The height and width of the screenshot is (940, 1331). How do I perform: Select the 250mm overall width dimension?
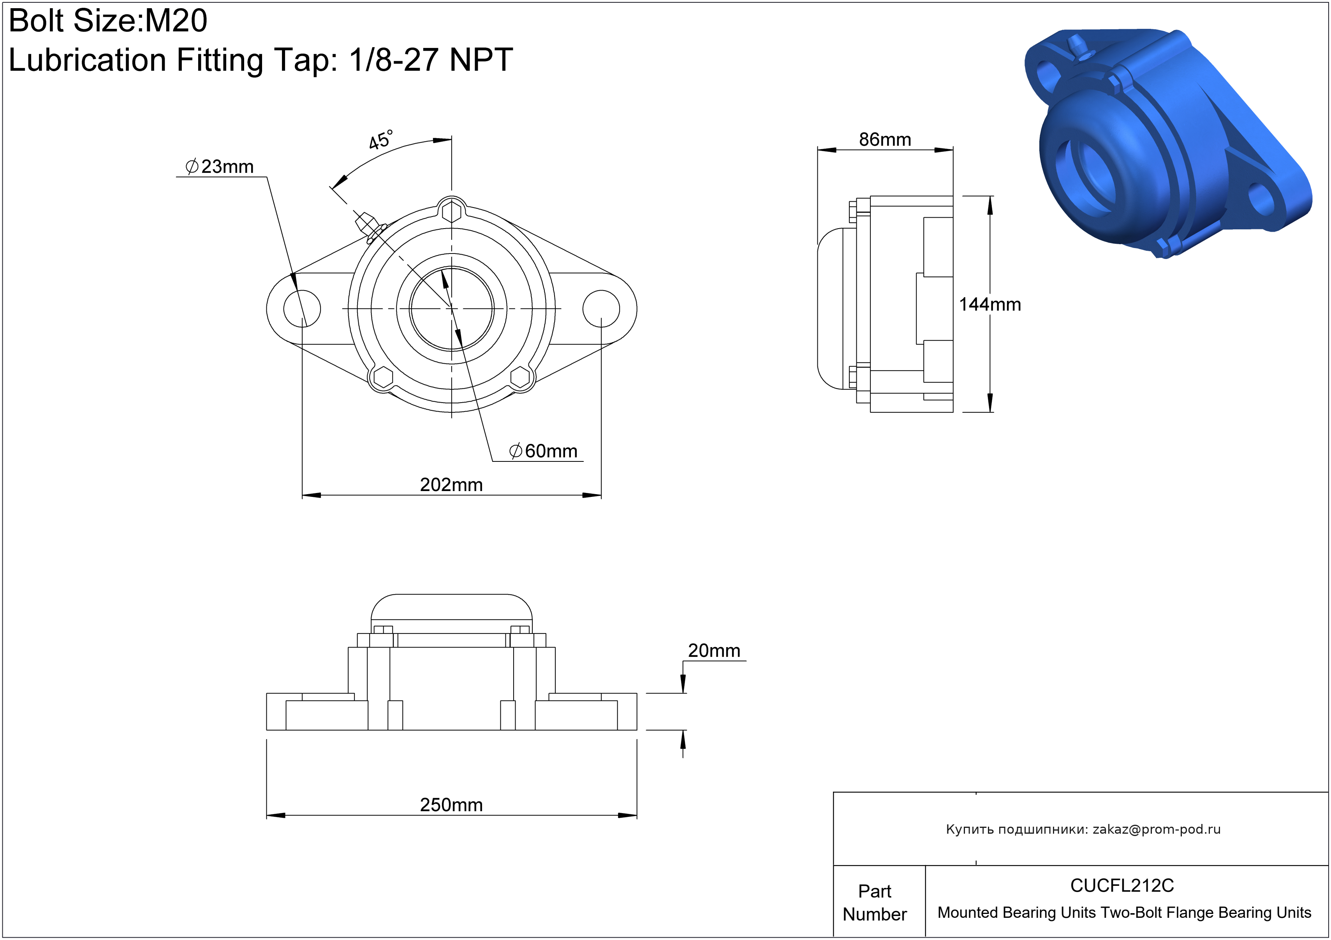(x=451, y=804)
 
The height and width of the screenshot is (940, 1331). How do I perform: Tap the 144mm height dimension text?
(x=989, y=304)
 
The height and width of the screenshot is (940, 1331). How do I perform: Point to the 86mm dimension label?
(x=885, y=140)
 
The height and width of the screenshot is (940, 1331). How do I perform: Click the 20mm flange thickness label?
(x=714, y=650)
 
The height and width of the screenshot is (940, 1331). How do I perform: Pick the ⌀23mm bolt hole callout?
(x=220, y=167)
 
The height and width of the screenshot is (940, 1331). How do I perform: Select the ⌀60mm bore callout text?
(x=543, y=451)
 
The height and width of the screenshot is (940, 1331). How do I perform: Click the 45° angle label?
(x=380, y=140)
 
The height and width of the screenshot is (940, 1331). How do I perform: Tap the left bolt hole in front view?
(x=302, y=308)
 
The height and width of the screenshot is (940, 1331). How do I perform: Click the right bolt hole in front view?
(x=601, y=308)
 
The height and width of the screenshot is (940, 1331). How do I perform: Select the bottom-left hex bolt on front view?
(x=383, y=377)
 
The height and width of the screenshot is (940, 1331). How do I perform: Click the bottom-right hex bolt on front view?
(x=520, y=377)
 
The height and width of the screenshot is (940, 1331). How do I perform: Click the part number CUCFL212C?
(x=1122, y=885)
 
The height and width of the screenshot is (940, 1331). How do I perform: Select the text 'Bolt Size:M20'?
(x=108, y=21)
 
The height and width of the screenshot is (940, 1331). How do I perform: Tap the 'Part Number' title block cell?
(x=874, y=902)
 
